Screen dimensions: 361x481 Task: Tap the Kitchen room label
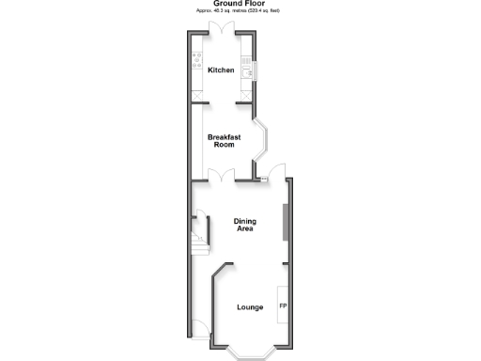pyautogui.click(x=222, y=71)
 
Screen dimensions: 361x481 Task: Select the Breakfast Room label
pyautogui.click(x=224, y=140)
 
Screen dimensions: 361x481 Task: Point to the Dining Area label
pyautogui.click(x=244, y=224)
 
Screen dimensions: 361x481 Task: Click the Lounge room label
pyautogui.click(x=250, y=307)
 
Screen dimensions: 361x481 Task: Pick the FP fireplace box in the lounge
pyautogui.click(x=282, y=306)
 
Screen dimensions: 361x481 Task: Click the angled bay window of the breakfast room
pyautogui.click(x=264, y=140)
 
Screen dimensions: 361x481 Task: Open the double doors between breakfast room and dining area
pyautogui.click(x=223, y=175)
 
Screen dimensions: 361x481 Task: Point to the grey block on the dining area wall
pyautogui.click(x=286, y=222)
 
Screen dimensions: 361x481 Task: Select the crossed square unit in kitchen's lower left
pyautogui.click(x=197, y=93)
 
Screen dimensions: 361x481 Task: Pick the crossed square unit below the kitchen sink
pyautogui.click(x=247, y=94)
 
